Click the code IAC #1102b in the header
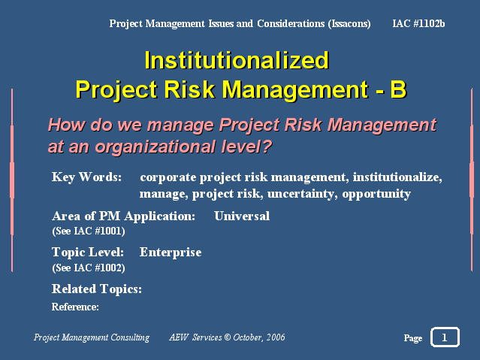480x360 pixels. tap(418, 23)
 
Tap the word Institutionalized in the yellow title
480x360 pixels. tap(237, 60)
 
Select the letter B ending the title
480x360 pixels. tap(398, 89)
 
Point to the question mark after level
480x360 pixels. tap(267, 146)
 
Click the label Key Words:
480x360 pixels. tap(86, 177)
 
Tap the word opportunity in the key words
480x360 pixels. tap(376, 194)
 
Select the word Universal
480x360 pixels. tap(242, 216)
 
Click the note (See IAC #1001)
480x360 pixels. tap(89, 231)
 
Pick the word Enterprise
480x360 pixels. tap(171, 253)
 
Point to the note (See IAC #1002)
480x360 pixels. tap(89, 268)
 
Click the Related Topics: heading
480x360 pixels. tap(97, 289)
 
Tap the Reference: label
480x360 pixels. tap(75, 307)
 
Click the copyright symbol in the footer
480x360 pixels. tap(227, 337)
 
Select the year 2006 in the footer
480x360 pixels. tap(276, 337)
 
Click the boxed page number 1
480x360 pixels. tap(445, 337)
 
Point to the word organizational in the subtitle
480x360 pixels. tap(155, 147)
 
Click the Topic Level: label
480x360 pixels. tap(88, 253)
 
